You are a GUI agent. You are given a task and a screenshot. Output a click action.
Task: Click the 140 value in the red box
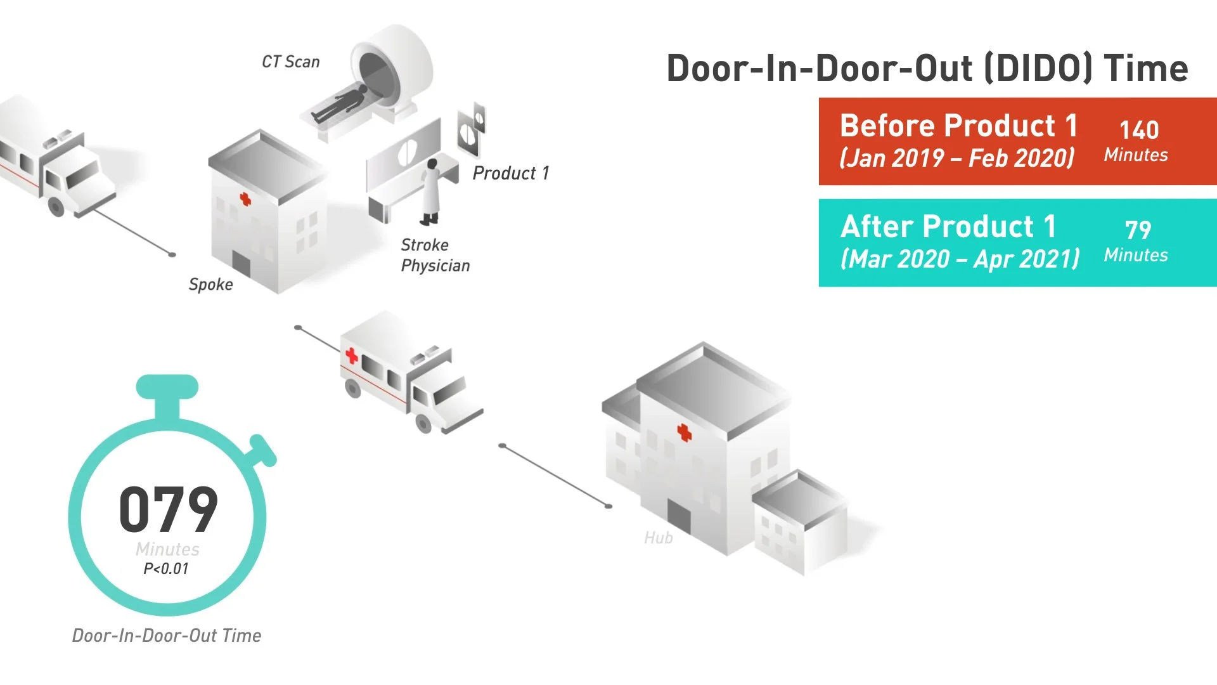(x=1139, y=130)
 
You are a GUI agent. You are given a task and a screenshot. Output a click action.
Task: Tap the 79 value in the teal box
(x=1138, y=230)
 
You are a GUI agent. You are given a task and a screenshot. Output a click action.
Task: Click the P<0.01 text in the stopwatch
(x=166, y=569)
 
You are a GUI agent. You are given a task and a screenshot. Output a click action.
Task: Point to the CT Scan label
(x=291, y=62)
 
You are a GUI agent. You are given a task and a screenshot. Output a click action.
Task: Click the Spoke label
(x=211, y=284)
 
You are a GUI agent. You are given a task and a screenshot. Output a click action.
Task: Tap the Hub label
(x=659, y=538)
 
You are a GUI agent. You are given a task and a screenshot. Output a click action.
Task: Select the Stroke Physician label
(x=435, y=255)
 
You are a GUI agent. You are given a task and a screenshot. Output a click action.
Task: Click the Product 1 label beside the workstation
(x=511, y=173)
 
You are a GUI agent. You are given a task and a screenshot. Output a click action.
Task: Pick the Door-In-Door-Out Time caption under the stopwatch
(x=167, y=636)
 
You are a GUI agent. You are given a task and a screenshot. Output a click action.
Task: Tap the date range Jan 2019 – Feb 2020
(x=957, y=158)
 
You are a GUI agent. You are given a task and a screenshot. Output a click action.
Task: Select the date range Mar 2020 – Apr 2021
(x=960, y=259)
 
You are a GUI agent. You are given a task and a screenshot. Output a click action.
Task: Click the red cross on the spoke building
(x=245, y=199)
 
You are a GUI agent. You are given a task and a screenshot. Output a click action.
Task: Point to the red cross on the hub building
(x=684, y=433)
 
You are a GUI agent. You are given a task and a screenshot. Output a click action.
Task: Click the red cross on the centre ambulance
(x=351, y=356)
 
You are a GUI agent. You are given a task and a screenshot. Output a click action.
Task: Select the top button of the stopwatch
(x=167, y=386)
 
